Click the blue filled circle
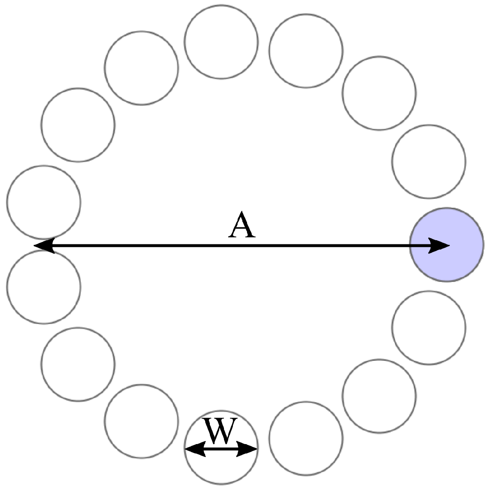[447, 244]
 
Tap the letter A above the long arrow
[242, 226]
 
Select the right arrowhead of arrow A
[439, 246]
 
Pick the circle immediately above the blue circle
[429, 161]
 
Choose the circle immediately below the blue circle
[429, 328]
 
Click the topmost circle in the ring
[221, 42]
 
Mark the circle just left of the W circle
[141, 421]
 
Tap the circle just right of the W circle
[306, 438]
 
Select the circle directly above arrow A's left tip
[44, 202]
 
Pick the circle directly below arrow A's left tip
[44, 287]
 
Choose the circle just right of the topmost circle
[306, 51]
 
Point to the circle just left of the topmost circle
[141, 68]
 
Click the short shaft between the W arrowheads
[221, 448]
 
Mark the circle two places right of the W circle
[379, 396]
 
